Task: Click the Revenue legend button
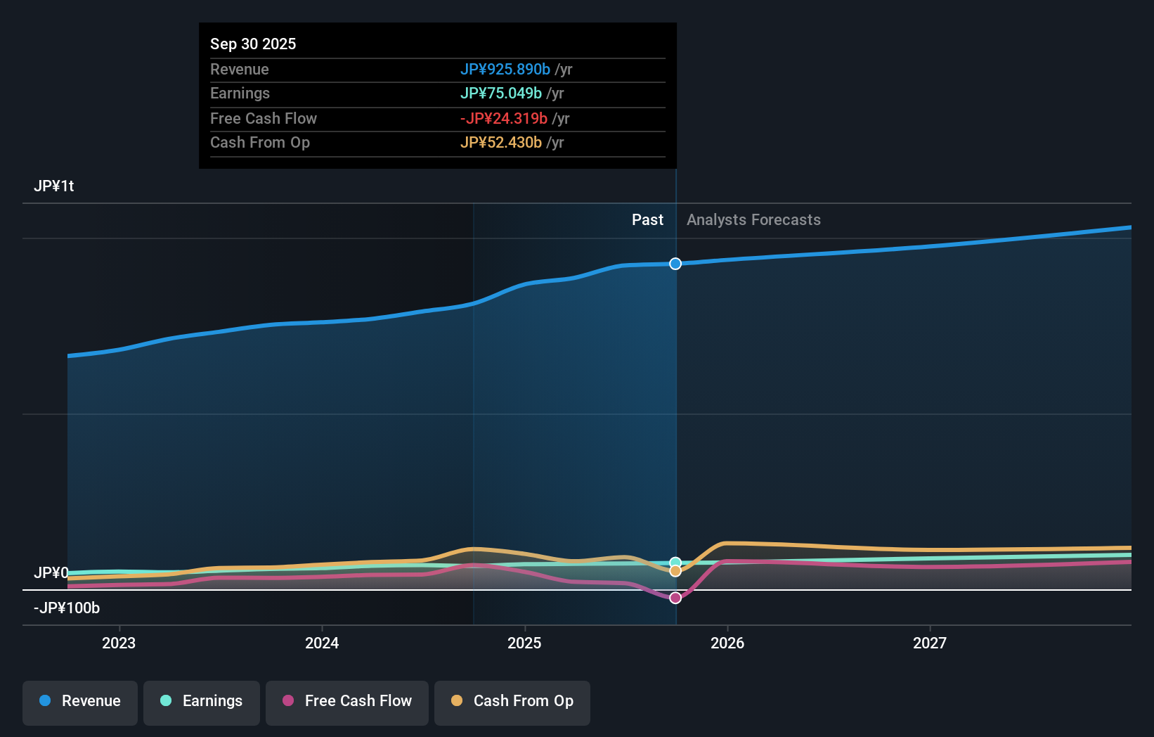(80, 701)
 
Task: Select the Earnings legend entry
(202, 701)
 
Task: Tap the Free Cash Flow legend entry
(347, 701)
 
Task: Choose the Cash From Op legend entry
(512, 701)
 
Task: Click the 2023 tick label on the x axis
(119, 643)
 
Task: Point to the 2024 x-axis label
(322, 643)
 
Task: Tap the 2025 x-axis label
(524, 643)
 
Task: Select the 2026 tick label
(727, 643)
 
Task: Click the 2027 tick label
(930, 643)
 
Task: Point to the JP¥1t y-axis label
(54, 186)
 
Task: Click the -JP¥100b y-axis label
(67, 608)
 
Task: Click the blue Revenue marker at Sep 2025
(675, 264)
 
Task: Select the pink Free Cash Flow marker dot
(675, 598)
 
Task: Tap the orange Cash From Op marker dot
(675, 571)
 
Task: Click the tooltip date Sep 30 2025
(253, 44)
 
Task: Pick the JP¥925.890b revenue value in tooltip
(505, 70)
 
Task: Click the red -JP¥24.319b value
(503, 119)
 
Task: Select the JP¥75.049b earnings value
(500, 94)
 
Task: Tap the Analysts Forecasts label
(753, 220)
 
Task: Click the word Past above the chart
(647, 220)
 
